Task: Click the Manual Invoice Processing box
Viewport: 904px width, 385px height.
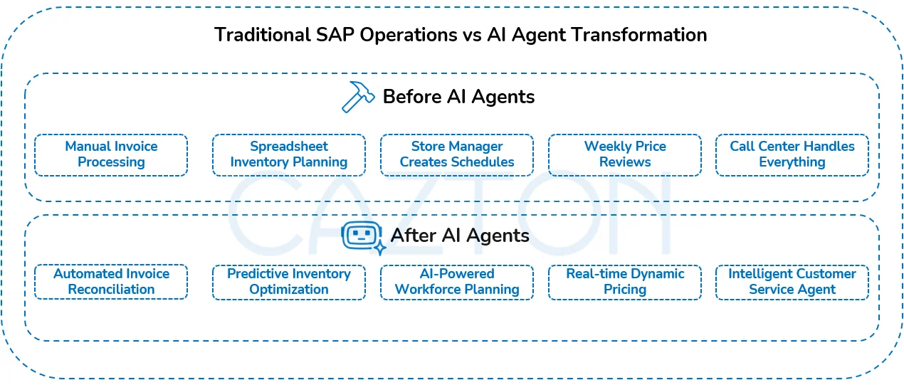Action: tap(111, 155)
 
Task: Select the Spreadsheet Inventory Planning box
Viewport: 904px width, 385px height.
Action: tap(289, 155)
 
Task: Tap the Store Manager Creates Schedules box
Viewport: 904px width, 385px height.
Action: tap(457, 155)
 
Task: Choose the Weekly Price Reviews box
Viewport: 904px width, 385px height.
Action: tap(625, 155)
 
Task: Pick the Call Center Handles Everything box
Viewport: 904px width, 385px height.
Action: tap(792, 155)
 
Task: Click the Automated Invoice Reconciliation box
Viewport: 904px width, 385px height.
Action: tap(111, 282)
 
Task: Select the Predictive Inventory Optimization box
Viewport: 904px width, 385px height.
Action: tap(289, 282)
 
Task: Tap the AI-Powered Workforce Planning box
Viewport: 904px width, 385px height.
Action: tap(457, 282)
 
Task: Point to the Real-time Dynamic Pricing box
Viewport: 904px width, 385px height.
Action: tap(625, 282)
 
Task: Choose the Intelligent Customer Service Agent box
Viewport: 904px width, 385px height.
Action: tap(792, 282)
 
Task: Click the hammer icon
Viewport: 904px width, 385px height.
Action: tap(357, 97)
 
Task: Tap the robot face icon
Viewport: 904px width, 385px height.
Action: tap(362, 236)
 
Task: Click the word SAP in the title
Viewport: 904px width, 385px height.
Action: tap(335, 35)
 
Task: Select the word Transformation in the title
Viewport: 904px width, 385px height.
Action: tap(639, 35)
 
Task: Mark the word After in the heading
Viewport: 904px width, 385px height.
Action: tap(414, 236)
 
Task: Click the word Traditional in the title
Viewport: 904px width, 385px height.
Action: tap(263, 35)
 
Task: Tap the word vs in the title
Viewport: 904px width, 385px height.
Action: tap(472, 36)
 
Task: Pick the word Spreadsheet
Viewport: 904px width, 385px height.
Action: tap(289, 147)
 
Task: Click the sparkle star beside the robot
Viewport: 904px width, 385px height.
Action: tap(379, 248)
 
